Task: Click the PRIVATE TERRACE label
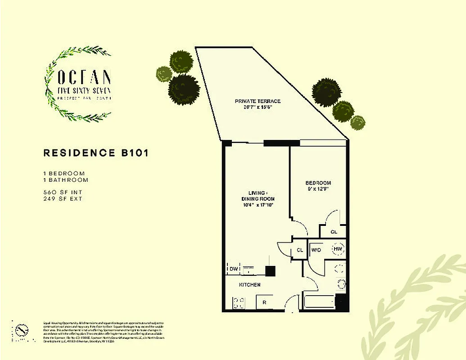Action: [x=258, y=101]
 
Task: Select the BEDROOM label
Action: [x=318, y=183]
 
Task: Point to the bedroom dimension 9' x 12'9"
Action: [x=318, y=189]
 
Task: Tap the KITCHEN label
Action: [x=249, y=285]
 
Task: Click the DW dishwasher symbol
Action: [x=233, y=269]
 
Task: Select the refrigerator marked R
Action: [x=265, y=302]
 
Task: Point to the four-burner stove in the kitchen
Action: [x=239, y=302]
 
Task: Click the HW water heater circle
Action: [x=338, y=249]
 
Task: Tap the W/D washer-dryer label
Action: [x=316, y=250]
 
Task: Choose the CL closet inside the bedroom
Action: [x=334, y=232]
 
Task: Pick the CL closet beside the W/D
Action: [x=300, y=251]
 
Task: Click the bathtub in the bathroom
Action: [x=319, y=302]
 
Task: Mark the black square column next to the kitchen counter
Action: [x=270, y=271]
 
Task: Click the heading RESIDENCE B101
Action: [x=96, y=153]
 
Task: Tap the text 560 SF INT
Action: [x=63, y=192]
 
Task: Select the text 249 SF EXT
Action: [x=63, y=198]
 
